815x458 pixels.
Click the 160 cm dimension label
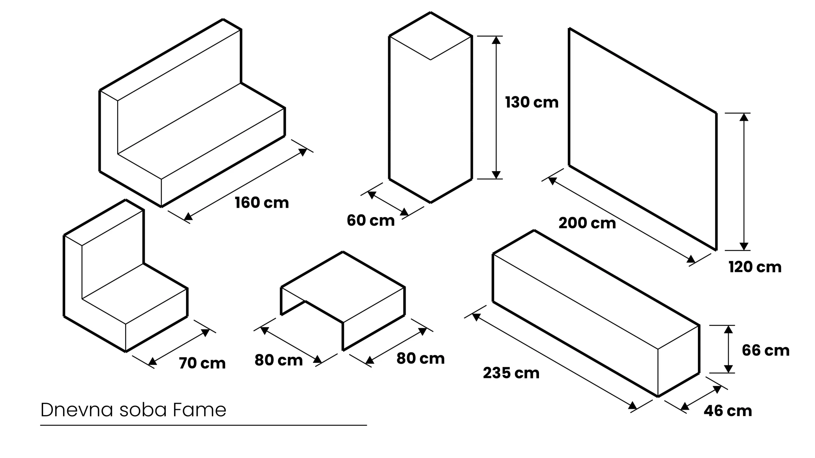[x=262, y=203]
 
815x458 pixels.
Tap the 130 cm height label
[x=532, y=102]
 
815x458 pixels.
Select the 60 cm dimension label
[x=371, y=220]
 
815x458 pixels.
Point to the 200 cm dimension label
[x=587, y=223]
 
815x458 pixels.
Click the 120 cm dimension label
[x=755, y=267]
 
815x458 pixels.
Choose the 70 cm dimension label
[x=202, y=363]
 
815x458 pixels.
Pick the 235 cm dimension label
[x=511, y=373]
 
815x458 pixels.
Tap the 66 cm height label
[x=766, y=350]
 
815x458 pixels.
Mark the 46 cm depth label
[x=728, y=411]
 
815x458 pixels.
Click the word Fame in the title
[x=199, y=410]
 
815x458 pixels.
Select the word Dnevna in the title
[x=77, y=410]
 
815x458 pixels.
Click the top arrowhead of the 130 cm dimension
[x=496, y=40]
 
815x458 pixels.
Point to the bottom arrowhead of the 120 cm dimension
[x=744, y=246]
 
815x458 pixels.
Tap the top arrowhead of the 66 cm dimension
[x=728, y=329]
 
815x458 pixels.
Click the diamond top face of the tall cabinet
[x=430, y=36]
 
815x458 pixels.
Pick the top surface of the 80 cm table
[x=343, y=287]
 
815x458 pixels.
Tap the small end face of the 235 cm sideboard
[x=678, y=361]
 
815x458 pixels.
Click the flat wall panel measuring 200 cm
[x=642, y=139]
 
